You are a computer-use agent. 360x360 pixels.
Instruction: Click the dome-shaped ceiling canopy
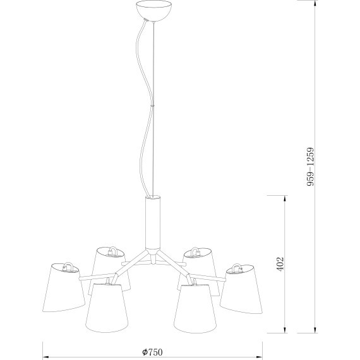point(153,11)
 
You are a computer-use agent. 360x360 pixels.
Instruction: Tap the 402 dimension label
point(280,264)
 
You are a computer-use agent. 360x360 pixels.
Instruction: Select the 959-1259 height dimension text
point(310,167)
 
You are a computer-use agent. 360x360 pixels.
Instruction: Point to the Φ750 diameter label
point(152,352)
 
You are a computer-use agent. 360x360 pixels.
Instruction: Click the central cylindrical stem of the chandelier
point(153,222)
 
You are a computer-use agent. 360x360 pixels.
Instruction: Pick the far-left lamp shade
point(63,287)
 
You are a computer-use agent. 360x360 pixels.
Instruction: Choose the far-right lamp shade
point(242,289)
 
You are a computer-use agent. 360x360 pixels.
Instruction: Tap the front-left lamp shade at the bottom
point(107,308)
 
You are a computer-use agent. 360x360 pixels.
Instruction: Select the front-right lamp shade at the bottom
point(195,309)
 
